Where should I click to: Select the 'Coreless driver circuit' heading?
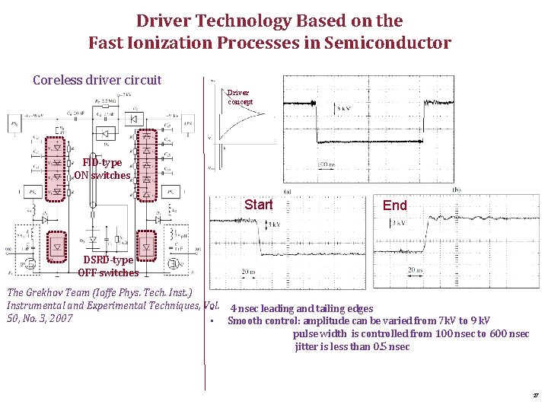(97, 80)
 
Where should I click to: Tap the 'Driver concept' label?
(239, 97)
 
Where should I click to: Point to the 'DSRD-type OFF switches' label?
(107, 266)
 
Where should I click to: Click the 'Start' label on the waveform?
(259, 205)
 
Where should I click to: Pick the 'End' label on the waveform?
(395, 205)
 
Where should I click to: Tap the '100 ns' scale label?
(326, 164)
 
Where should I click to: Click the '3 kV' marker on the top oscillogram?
(345, 108)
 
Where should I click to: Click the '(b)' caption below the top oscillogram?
(457, 190)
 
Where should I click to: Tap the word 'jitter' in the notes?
(306, 346)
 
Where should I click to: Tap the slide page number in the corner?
(536, 396)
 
